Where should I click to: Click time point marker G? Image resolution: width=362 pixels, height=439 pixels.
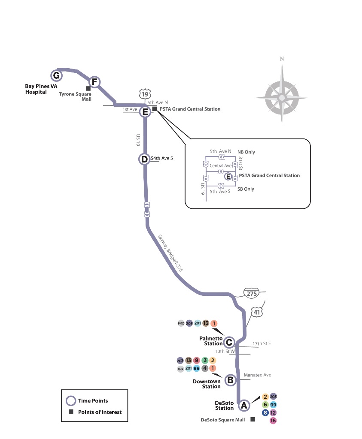click(x=56, y=76)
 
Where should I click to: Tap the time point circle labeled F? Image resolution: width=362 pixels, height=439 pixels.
click(x=94, y=82)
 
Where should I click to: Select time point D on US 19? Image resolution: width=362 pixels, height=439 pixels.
click(x=144, y=159)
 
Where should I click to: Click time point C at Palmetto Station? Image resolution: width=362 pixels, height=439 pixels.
click(x=229, y=342)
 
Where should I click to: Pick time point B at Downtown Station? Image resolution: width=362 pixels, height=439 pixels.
click(x=230, y=379)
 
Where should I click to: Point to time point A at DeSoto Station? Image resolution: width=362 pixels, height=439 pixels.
click(x=244, y=405)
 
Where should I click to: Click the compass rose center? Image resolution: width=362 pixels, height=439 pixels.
click(x=282, y=98)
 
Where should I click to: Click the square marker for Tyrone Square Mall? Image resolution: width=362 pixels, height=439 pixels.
click(x=88, y=88)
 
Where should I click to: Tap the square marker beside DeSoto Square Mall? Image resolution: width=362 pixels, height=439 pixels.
click(x=252, y=419)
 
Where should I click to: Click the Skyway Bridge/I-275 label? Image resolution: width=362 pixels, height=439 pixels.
click(x=168, y=254)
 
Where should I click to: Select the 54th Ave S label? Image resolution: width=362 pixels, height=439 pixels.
click(x=161, y=159)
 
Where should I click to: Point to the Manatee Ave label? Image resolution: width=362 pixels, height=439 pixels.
click(x=257, y=375)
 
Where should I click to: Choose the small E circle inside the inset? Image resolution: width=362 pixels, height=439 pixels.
click(x=228, y=176)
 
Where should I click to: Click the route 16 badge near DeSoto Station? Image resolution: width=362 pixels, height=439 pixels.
click(x=273, y=421)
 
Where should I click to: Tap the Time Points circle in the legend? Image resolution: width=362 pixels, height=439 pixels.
click(x=70, y=401)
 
